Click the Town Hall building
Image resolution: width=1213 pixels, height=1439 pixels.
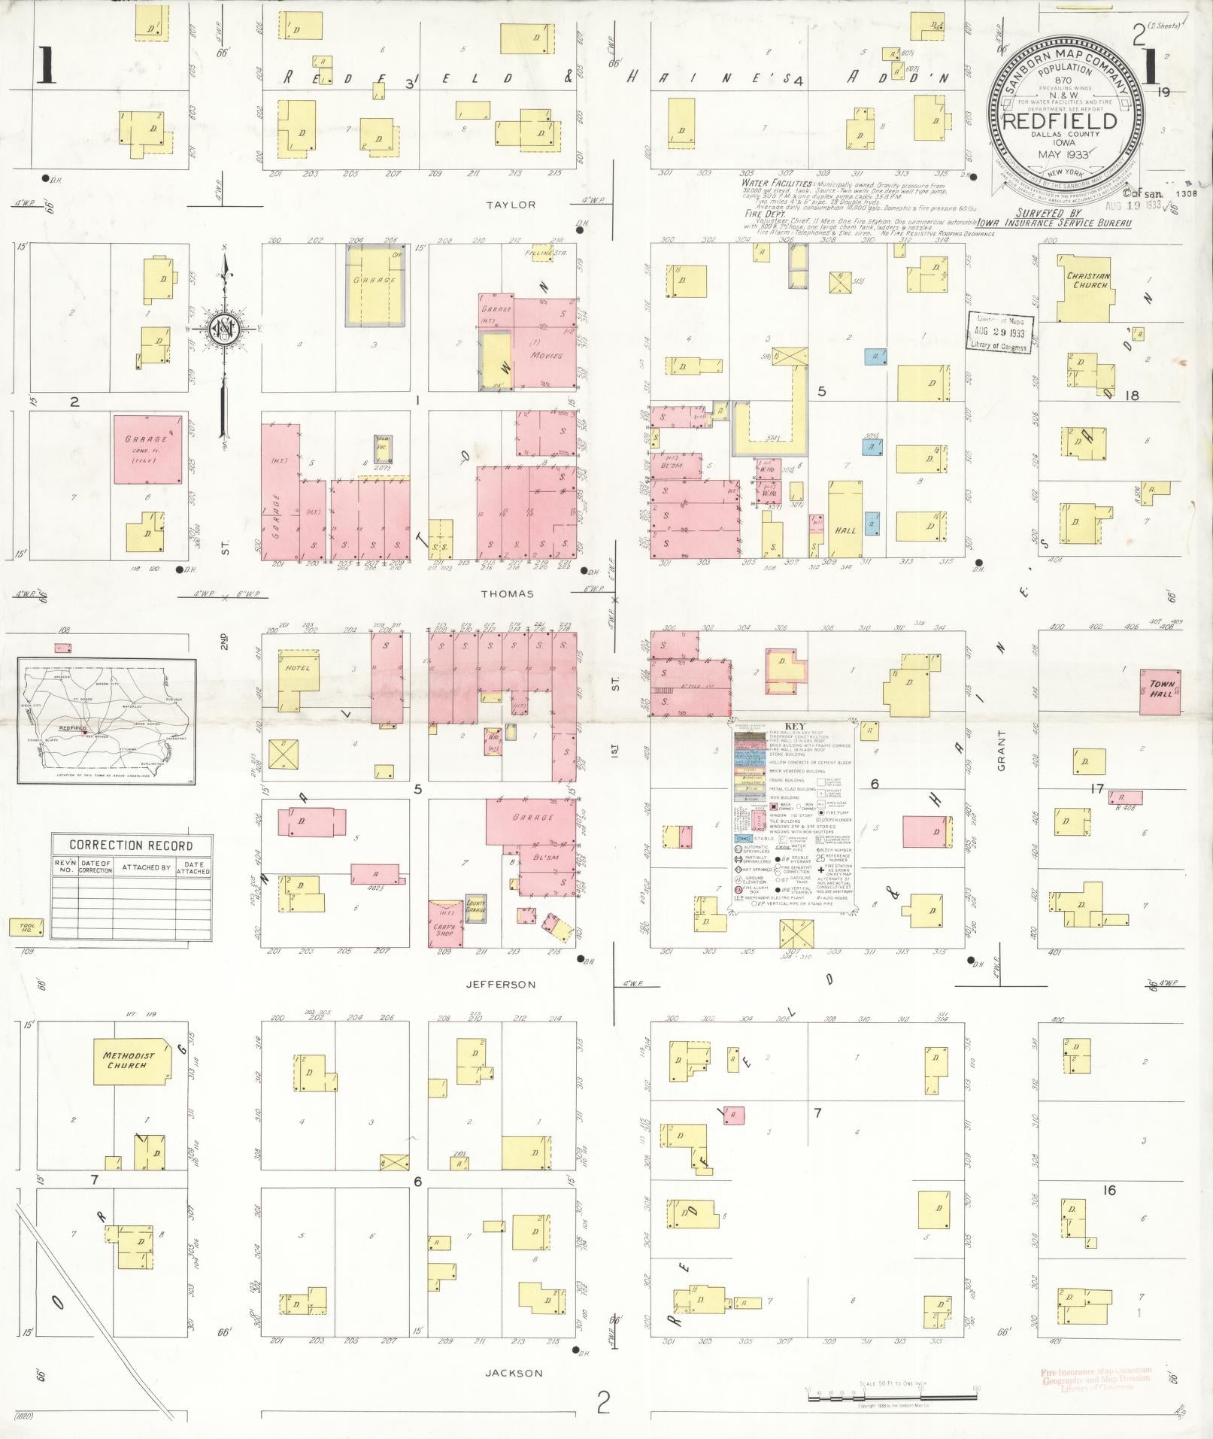1160,691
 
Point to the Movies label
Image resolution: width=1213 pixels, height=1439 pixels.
547,354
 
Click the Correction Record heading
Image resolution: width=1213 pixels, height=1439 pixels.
131,845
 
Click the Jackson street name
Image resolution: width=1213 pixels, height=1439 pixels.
514,1373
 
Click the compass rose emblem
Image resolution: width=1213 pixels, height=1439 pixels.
223,329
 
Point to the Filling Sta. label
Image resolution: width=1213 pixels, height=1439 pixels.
547,253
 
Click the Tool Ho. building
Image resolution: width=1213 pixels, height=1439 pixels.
26,929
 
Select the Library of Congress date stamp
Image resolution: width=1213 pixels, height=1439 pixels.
999,331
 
